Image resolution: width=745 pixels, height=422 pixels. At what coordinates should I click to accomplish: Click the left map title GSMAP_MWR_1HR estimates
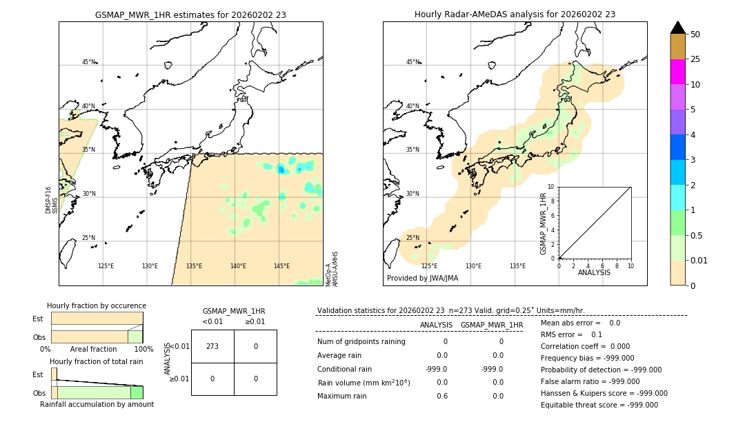tap(190, 14)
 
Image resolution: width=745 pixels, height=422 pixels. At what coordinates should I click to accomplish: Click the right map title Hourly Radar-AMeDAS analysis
tap(515, 14)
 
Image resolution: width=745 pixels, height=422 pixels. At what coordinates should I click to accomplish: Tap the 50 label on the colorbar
tap(695, 34)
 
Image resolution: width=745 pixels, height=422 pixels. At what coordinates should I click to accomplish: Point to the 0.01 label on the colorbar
tap(699, 260)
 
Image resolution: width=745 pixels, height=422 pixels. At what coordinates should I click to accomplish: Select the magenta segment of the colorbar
tap(677, 72)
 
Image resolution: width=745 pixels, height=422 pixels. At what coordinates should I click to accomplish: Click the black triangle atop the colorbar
tap(677, 28)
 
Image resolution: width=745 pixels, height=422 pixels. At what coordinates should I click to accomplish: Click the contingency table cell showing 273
tap(212, 346)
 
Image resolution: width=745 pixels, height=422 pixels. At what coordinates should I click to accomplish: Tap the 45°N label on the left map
tap(88, 62)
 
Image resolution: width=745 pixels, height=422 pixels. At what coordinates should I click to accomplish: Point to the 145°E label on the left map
tap(281, 266)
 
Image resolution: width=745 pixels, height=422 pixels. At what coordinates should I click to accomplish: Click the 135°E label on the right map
tap(517, 266)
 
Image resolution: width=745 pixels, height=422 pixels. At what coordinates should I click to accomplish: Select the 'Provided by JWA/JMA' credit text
tap(422, 279)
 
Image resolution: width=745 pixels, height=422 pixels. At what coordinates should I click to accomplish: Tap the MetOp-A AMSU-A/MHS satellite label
tap(332, 269)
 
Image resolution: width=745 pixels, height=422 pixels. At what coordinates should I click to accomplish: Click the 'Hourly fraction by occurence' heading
tap(97, 305)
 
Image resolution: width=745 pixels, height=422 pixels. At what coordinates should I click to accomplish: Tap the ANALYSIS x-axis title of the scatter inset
tap(594, 272)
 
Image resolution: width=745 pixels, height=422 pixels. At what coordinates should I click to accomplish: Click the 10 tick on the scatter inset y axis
tap(551, 187)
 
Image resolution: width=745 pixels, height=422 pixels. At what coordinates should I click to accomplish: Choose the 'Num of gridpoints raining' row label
tap(361, 342)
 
